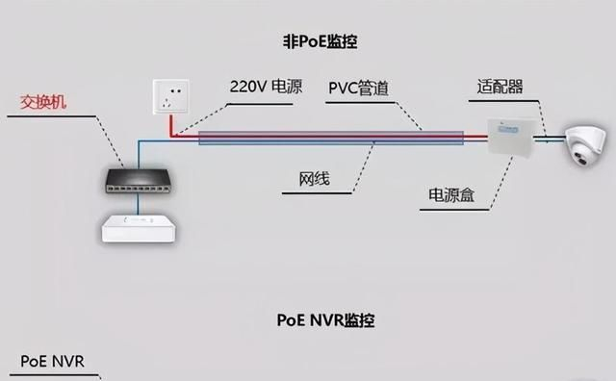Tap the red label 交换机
(x=46, y=103)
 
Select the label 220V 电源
(x=266, y=87)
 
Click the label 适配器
(x=500, y=87)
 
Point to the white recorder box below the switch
(x=137, y=226)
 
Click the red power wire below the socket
(x=172, y=128)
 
